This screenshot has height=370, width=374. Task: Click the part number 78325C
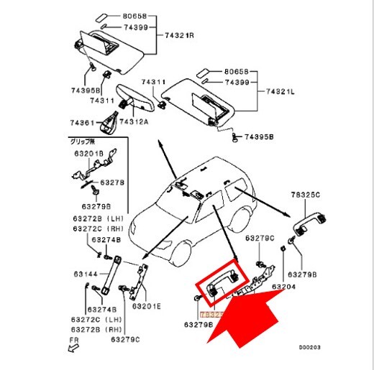(x=306, y=195)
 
